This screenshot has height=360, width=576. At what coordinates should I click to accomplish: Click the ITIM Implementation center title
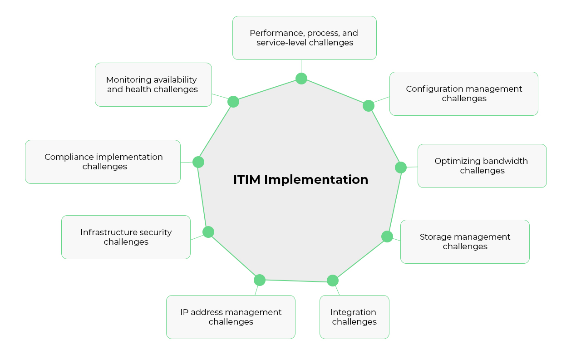pyautogui.click(x=300, y=180)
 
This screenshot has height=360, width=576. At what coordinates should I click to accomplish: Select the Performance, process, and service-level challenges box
pyautogui.click(x=304, y=38)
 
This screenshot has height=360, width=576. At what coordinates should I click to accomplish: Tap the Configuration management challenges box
pyautogui.click(x=463, y=94)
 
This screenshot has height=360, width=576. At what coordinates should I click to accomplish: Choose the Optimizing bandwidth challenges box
pyautogui.click(x=482, y=166)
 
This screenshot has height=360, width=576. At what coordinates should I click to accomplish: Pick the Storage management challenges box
pyautogui.click(x=465, y=242)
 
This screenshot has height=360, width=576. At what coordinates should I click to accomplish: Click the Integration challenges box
pyautogui.click(x=354, y=317)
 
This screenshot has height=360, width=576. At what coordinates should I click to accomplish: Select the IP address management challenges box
pyautogui.click(x=231, y=317)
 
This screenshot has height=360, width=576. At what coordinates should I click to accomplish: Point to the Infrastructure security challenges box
pyautogui.click(x=126, y=237)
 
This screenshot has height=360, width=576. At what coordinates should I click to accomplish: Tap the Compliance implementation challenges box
pyautogui.click(x=103, y=162)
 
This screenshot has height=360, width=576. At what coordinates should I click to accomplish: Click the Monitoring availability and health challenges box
pyautogui.click(x=153, y=84)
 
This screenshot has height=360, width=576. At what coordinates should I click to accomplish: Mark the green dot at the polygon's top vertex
pyautogui.click(x=301, y=79)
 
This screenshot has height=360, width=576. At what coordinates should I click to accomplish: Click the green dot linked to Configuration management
pyautogui.click(x=369, y=106)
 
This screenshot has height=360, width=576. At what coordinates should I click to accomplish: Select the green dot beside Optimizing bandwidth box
pyautogui.click(x=401, y=168)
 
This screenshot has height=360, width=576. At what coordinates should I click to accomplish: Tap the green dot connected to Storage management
pyautogui.click(x=387, y=237)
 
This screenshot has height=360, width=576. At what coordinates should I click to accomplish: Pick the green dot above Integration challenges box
pyautogui.click(x=333, y=281)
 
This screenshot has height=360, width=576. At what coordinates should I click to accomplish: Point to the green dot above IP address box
pyautogui.click(x=260, y=280)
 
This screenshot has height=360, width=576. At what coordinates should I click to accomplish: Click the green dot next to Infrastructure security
pyautogui.click(x=208, y=232)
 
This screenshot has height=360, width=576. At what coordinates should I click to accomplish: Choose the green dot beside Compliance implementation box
pyautogui.click(x=198, y=162)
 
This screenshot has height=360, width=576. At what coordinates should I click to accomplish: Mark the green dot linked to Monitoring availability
pyautogui.click(x=233, y=102)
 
